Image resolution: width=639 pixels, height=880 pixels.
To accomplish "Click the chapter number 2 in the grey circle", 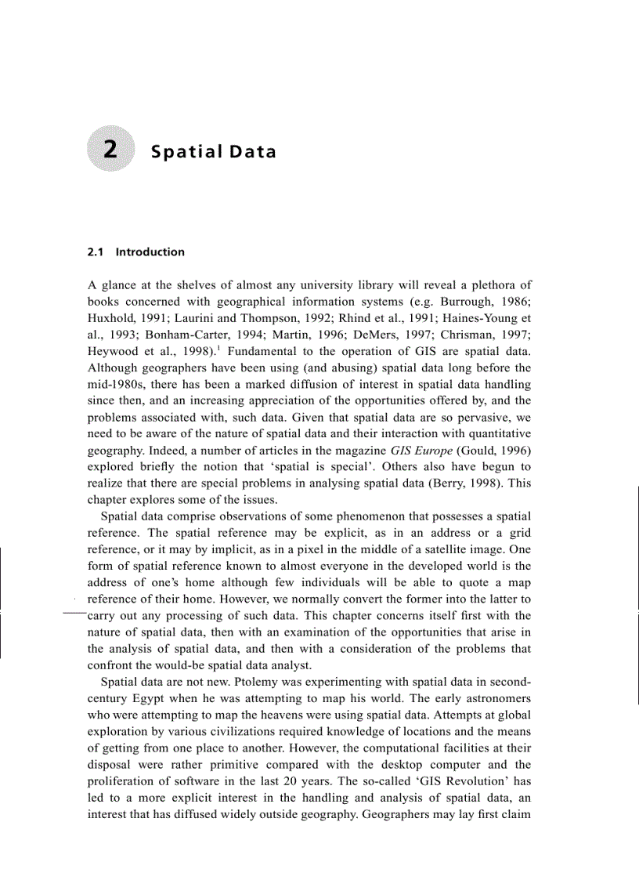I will click(111, 150).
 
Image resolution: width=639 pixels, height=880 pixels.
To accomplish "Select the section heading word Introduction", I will click(150, 252).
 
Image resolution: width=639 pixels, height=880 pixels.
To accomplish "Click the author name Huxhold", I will click(111, 317).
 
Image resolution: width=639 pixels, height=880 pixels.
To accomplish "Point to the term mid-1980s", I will click(117, 384).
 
